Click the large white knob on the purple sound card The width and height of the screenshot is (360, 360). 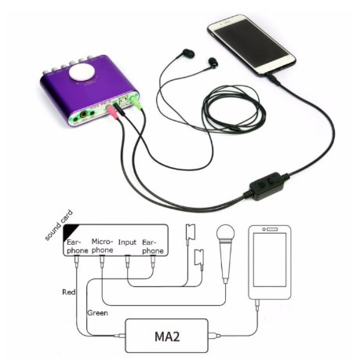(82, 71)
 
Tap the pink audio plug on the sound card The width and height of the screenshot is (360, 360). (112, 113)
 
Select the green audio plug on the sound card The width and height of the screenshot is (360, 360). (136, 103)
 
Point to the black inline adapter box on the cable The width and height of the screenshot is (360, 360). (266, 186)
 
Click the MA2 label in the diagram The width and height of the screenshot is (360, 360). (167, 336)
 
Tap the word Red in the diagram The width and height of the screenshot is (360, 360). (68, 292)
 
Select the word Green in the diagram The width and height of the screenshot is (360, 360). (97, 313)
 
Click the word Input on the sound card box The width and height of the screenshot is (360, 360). (127, 242)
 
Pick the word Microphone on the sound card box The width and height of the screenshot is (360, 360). (102, 245)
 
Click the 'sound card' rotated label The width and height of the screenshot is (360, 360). (59, 225)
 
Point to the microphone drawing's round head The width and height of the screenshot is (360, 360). (225, 233)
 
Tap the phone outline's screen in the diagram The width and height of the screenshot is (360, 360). (270, 260)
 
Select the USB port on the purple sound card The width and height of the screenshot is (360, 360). (123, 100)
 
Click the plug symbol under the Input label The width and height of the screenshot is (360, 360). (127, 262)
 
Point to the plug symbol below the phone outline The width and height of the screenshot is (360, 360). (257, 305)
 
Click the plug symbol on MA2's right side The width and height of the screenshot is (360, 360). (214, 336)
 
